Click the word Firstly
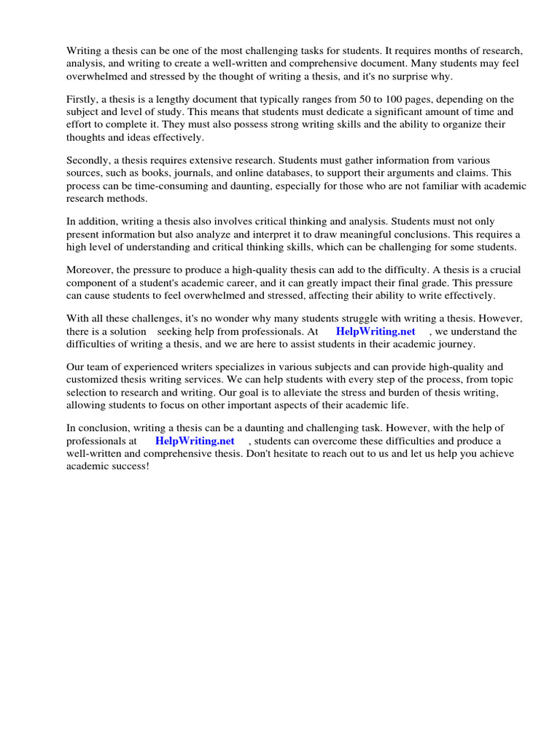[x=82, y=99]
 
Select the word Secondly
[x=87, y=160]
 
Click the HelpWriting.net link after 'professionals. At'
[x=376, y=331]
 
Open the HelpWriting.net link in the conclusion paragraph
[x=195, y=441]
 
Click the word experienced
[x=154, y=367]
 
